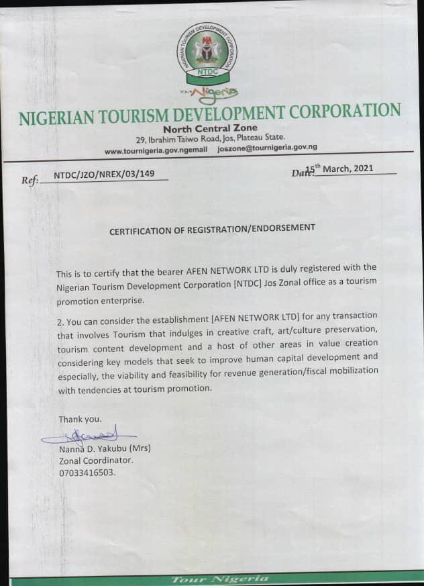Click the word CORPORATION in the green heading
[x=342, y=112]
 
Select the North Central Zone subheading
[x=210, y=128]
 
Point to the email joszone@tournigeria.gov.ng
[x=267, y=148]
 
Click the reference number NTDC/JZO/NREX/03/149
[x=104, y=175]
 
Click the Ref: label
[x=31, y=180]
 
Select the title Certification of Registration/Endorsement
[x=212, y=228]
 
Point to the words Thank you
[x=80, y=420]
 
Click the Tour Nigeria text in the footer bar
[x=220, y=579]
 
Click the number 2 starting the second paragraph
[x=59, y=315]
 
